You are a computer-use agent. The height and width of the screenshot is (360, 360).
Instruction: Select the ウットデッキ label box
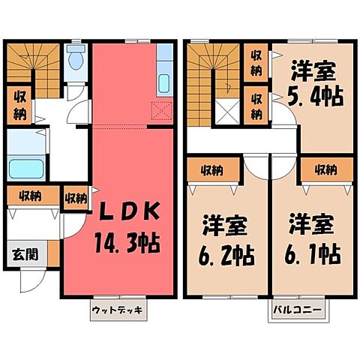tap(115, 310)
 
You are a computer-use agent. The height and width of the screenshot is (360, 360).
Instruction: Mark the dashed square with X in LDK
tap(160, 111)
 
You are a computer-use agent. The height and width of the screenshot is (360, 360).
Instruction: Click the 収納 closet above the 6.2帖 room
tap(214, 169)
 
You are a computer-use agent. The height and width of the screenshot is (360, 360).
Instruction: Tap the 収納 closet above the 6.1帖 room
tap(325, 169)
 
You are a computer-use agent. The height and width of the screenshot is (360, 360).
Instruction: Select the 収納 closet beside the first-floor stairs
tap(18, 106)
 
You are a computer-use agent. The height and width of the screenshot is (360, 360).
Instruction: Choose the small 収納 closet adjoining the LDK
tap(75, 198)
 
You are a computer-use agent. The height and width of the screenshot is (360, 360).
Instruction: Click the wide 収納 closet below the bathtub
tap(30, 196)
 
